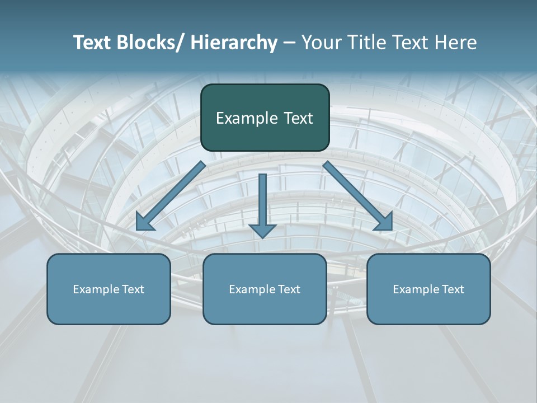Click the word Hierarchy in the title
click(x=233, y=43)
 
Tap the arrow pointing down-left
click(x=171, y=196)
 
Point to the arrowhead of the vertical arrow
click(x=262, y=230)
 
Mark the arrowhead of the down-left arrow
click(x=144, y=222)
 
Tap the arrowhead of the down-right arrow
click(x=384, y=222)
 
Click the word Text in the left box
click(x=133, y=289)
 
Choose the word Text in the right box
click(x=453, y=289)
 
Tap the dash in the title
click(x=289, y=43)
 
